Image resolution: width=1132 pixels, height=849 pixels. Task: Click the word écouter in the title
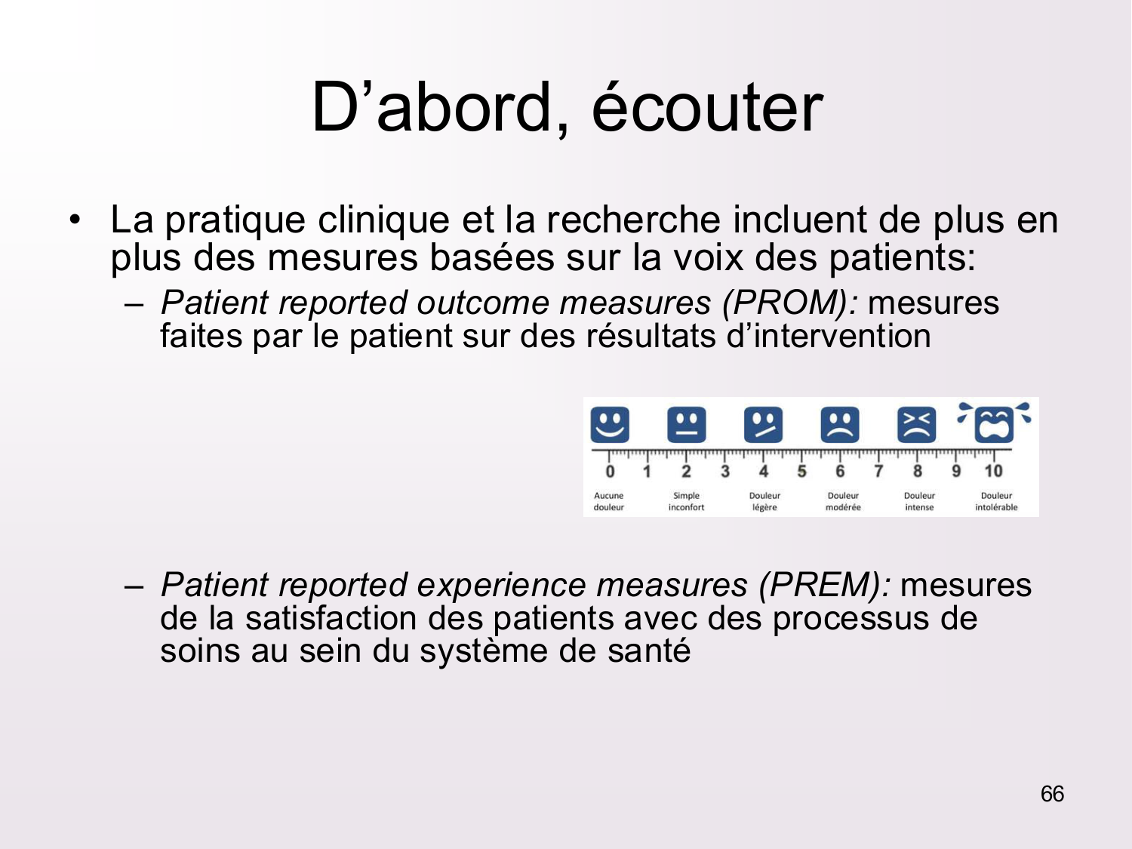[707, 108]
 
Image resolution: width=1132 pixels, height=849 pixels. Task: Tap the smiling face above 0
[610, 425]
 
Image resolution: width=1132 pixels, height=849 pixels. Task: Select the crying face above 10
[995, 423]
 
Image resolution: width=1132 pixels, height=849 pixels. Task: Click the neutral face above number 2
[687, 425]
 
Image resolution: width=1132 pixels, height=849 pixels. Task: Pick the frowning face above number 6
[840, 425]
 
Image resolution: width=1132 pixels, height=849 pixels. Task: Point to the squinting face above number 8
[917, 425]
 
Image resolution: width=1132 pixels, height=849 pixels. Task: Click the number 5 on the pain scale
[801, 471]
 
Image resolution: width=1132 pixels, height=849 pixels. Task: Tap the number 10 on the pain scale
[993, 471]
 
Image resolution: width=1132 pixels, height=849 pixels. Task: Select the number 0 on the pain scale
[610, 471]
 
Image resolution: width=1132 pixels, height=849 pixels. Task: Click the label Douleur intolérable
[996, 502]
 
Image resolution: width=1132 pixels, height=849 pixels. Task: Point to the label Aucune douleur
[608, 502]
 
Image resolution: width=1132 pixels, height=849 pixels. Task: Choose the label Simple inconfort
[687, 502]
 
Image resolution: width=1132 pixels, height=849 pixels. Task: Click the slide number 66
[1052, 794]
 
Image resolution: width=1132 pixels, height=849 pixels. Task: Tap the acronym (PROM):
[791, 303]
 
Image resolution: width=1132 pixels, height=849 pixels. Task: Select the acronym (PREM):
[825, 585]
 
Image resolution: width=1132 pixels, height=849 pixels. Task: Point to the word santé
[649, 651]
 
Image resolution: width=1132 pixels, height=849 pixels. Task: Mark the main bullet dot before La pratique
[75, 220]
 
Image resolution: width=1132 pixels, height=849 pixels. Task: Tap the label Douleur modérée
[843, 502]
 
